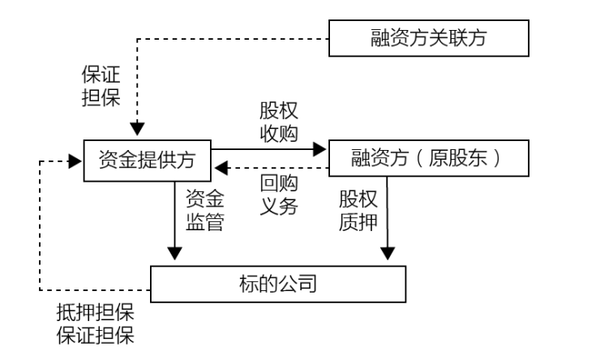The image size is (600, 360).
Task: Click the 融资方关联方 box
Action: tap(429, 38)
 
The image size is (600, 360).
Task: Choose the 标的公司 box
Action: tap(278, 285)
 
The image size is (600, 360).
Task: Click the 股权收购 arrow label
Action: tap(278, 122)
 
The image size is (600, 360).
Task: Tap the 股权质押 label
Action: tap(358, 211)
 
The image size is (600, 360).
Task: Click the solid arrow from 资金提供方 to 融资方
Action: tap(268, 148)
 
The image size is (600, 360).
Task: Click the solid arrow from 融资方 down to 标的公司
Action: tap(388, 219)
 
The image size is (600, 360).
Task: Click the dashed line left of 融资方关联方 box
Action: tap(235, 38)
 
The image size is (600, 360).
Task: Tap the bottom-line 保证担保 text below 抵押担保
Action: tap(94, 335)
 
